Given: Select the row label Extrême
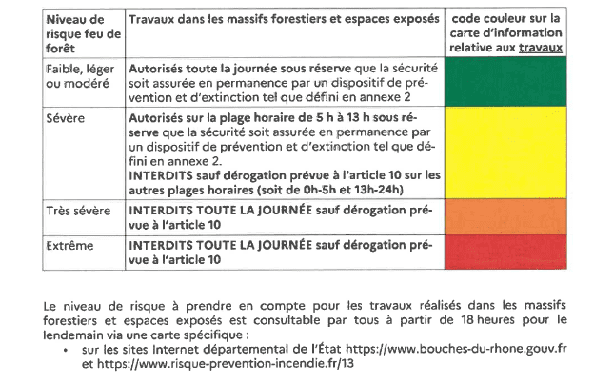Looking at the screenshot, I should [x=69, y=245].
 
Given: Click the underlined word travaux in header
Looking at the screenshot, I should [x=540, y=46].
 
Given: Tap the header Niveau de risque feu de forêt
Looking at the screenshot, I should [x=83, y=31].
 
